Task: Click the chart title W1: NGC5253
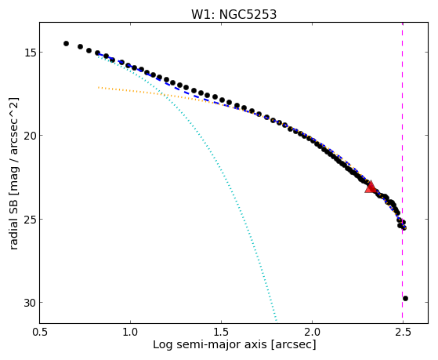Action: pyautogui.click(x=233, y=15)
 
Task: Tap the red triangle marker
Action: pyautogui.click(x=371, y=187)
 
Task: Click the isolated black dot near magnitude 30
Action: pyautogui.click(x=405, y=299)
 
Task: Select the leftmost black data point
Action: pyautogui.click(x=66, y=43)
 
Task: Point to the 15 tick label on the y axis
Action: pyautogui.click(x=29, y=53)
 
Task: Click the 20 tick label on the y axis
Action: pyautogui.click(x=29, y=136)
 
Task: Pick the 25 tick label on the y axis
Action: pyautogui.click(x=29, y=220)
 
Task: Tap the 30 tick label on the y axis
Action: pyautogui.click(x=29, y=303)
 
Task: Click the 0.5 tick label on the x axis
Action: pyautogui.click(x=40, y=332)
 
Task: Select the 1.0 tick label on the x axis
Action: pyautogui.click(x=130, y=332)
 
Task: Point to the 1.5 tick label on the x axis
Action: pyautogui.click(x=221, y=332)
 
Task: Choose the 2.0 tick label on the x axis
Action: pyautogui.click(x=312, y=332)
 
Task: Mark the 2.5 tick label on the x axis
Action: pyautogui.click(x=403, y=332)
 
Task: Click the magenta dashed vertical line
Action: pyautogui.click(x=402, y=173)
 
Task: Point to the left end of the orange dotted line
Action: pyautogui.click(x=98, y=88)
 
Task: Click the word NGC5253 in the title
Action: pyautogui.click(x=248, y=15)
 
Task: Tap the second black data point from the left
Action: pyautogui.click(x=80, y=46)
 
